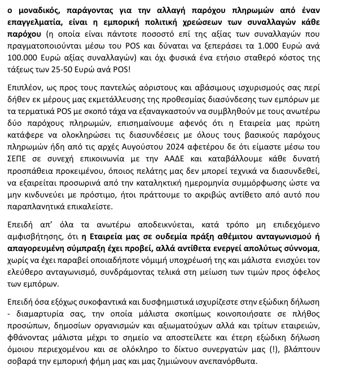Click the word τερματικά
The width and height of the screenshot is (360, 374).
[x=43, y=140]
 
